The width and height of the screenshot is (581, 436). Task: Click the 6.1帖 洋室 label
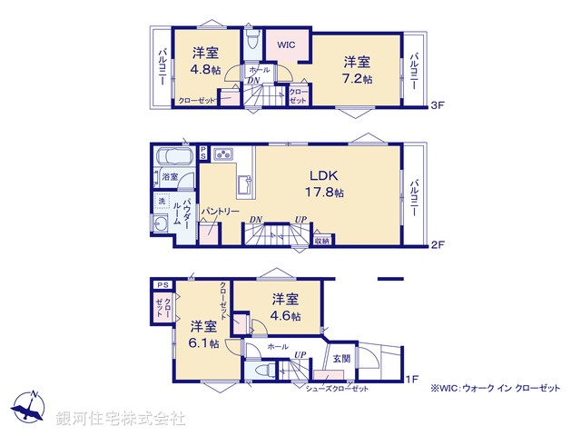coord(203,334)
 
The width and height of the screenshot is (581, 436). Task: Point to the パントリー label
coord(221,211)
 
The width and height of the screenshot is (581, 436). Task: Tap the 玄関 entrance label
coord(340,357)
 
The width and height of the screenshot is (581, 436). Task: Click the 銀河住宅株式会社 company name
coord(121,419)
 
